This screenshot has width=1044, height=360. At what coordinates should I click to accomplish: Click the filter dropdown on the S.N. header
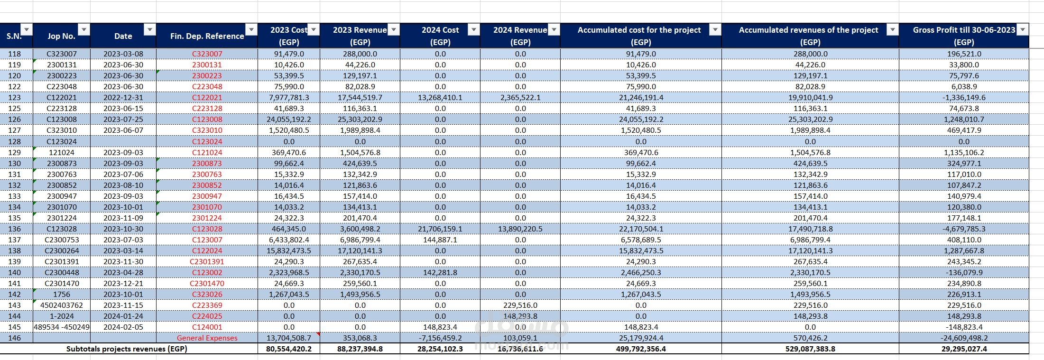coord(27,30)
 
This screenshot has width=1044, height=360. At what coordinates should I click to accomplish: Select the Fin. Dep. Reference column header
coord(207,36)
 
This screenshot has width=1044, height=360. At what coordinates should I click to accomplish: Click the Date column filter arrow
coord(149,30)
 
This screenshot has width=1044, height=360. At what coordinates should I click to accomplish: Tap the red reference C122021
coord(207,97)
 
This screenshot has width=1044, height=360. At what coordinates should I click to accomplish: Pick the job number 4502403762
coord(62,305)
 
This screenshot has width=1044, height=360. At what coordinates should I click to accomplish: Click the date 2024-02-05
coord(123,327)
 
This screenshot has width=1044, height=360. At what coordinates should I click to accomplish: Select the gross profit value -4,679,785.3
coord(964,229)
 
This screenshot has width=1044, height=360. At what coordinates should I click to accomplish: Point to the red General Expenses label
coord(207,338)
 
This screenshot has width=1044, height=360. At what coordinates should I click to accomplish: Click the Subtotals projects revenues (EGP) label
coord(127,349)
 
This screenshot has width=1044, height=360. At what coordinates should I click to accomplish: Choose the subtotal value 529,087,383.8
coord(810,349)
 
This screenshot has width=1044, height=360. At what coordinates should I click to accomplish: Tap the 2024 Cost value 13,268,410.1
coord(440,97)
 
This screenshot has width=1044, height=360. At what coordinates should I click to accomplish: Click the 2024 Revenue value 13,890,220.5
coord(520,229)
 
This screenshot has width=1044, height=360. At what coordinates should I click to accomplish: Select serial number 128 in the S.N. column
coord(15,141)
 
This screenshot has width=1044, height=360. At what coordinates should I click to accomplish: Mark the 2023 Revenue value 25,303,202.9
coord(360,119)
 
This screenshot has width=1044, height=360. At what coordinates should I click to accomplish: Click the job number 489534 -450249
coord(62,327)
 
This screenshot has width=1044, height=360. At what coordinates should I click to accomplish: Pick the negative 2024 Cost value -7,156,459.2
coord(440,338)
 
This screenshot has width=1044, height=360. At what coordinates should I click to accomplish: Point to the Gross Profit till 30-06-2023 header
coord(964,36)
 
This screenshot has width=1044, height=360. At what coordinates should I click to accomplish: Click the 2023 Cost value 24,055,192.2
coord(289,119)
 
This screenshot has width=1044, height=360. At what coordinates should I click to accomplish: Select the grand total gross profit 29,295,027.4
coord(964,349)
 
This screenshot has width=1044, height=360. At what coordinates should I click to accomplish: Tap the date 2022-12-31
coord(123,97)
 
